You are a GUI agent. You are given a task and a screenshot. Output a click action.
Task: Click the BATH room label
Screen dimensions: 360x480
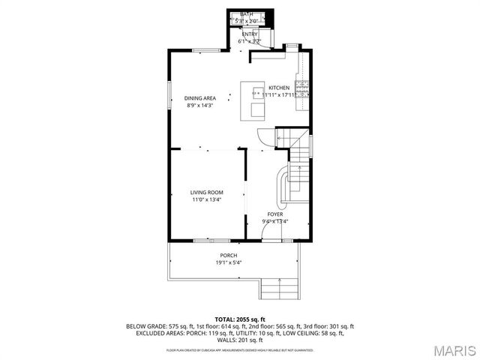pos(247,14)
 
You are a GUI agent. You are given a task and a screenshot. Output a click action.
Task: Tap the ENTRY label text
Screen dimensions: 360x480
pos(249,34)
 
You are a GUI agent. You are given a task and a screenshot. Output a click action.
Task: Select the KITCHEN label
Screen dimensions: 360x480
pos(279,88)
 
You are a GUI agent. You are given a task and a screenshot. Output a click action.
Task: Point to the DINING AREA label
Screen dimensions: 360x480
pos(200,98)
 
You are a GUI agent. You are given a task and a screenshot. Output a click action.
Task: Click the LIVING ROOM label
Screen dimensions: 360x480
pos(205,193)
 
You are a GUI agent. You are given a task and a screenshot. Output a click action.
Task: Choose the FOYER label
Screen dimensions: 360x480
pos(275,214)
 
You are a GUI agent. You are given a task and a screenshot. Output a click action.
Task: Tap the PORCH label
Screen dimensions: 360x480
pos(229,255)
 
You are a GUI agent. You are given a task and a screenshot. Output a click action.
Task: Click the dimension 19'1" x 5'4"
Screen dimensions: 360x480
pos(229,262)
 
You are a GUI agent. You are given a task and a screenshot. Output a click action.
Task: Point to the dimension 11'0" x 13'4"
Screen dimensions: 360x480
pos(205,200)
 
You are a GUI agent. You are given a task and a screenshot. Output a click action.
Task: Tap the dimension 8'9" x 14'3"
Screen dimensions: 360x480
pos(200,106)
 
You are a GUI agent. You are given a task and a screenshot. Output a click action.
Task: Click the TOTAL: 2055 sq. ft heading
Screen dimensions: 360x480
pos(240,319)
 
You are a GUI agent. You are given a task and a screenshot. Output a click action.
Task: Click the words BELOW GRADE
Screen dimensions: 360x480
pos(142,326)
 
